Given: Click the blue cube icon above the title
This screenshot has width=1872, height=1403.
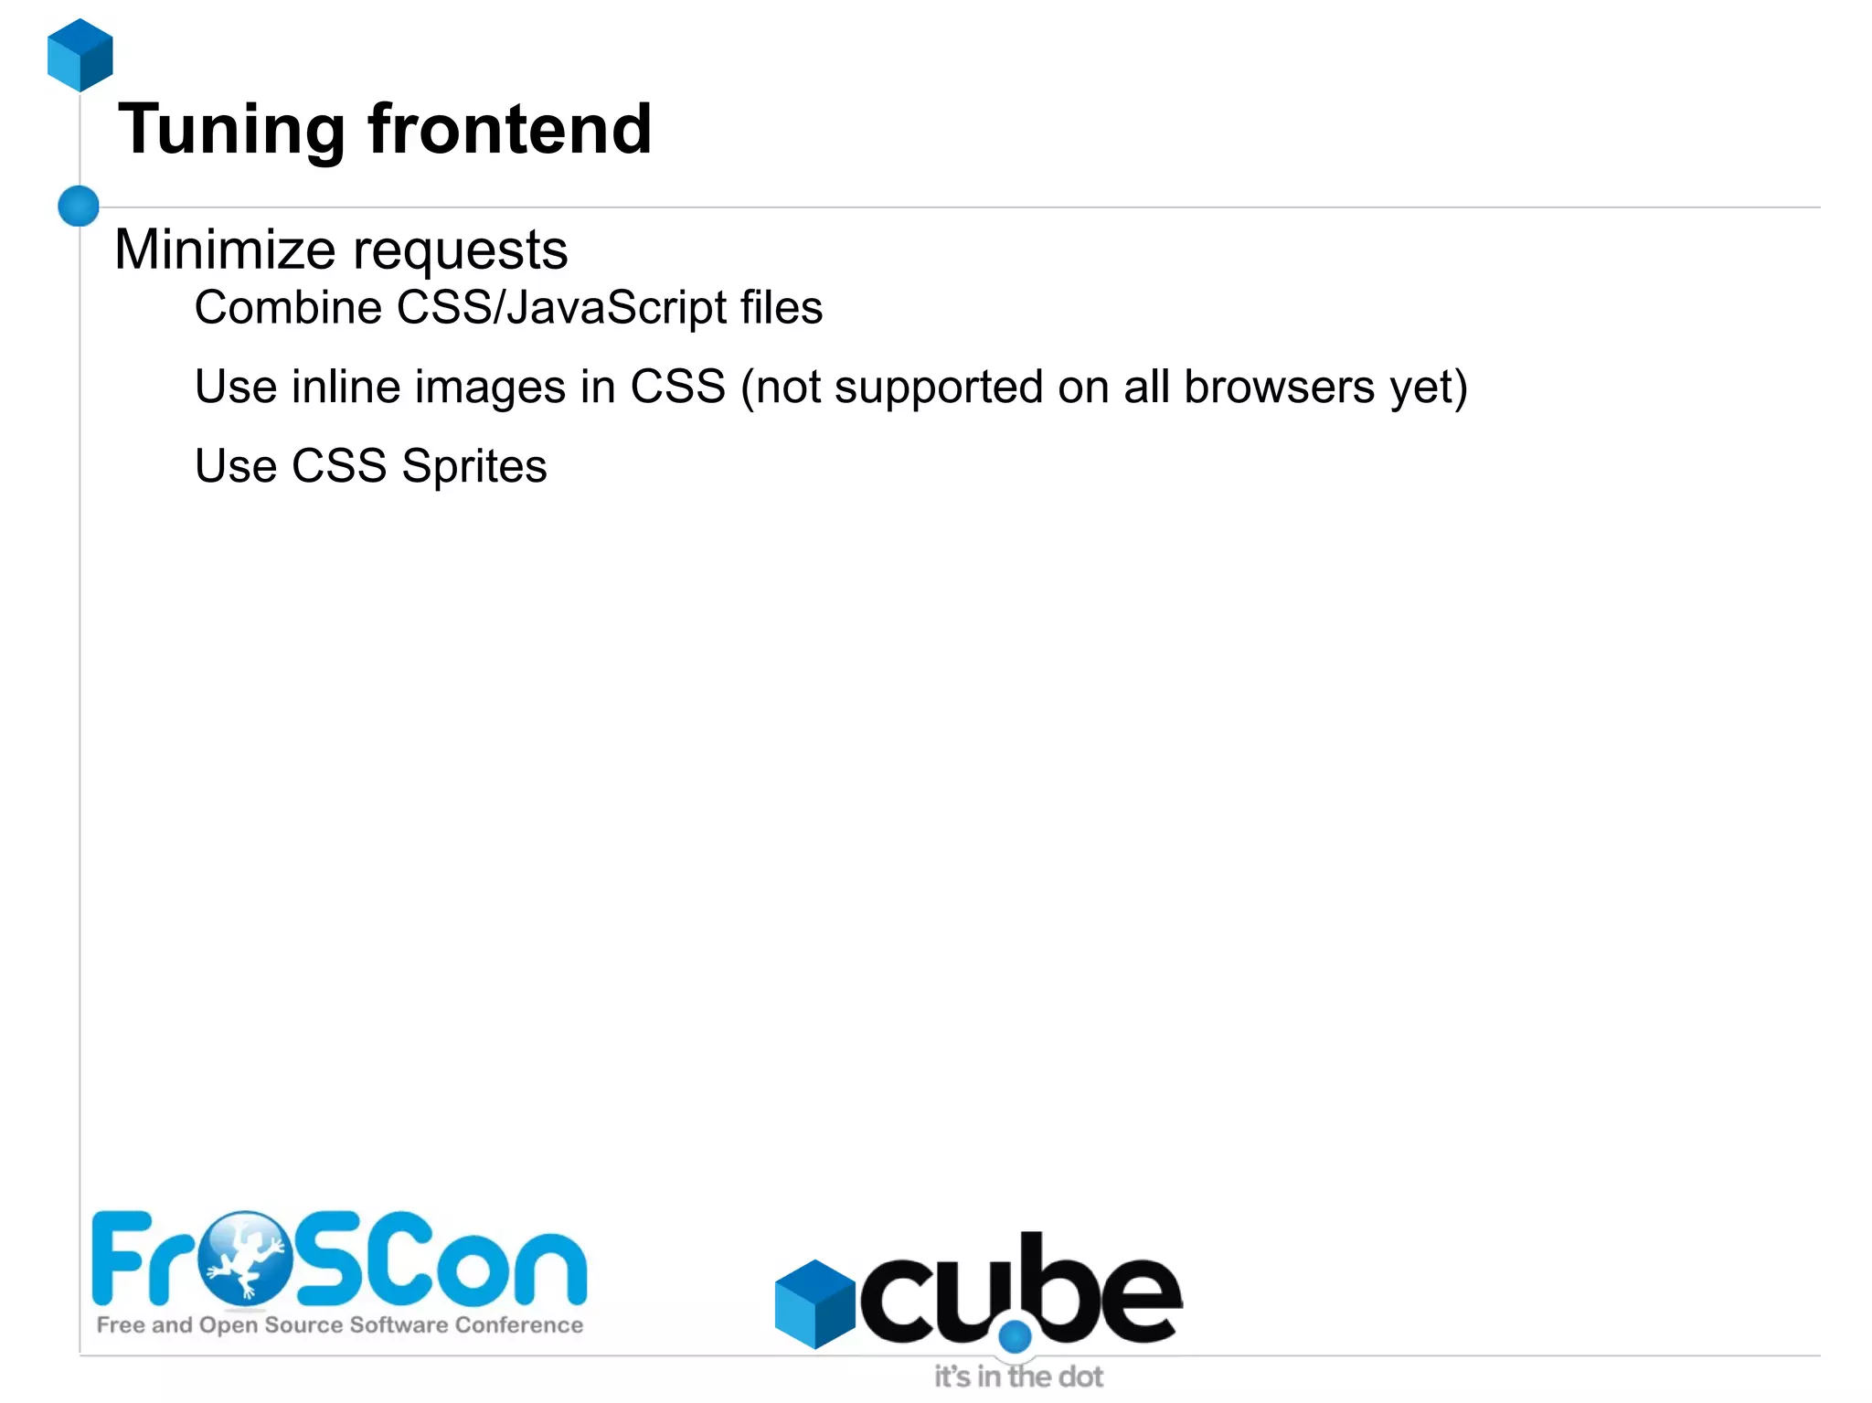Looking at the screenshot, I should pyautogui.click(x=80, y=55).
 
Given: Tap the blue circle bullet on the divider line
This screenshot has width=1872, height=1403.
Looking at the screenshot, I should pyautogui.click(x=79, y=206).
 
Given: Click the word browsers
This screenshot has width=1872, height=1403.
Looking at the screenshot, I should pyautogui.click(x=1279, y=387).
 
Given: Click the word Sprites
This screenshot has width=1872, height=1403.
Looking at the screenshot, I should pyautogui.click(x=474, y=467).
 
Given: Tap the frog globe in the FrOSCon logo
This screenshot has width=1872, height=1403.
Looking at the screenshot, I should pyautogui.click(x=246, y=1258).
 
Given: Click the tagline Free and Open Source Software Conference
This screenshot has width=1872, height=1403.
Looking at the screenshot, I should pyautogui.click(x=339, y=1325).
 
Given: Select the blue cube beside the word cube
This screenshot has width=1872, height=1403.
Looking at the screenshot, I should pyautogui.click(x=814, y=1303).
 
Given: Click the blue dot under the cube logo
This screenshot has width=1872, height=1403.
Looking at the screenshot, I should pyautogui.click(x=1015, y=1337).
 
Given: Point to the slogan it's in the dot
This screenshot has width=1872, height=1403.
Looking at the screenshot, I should pyautogui.click(x=1018, y=1376).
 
